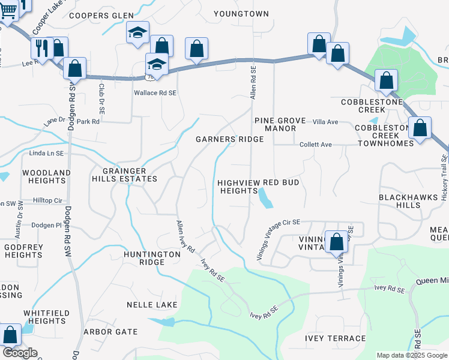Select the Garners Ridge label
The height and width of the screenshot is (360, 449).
coord(230,139)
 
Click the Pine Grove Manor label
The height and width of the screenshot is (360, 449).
coord(280,124)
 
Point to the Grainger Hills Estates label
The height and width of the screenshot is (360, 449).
coord(124,174)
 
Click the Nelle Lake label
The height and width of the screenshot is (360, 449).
coord(152,305)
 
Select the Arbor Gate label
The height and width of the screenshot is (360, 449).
coord(110,331)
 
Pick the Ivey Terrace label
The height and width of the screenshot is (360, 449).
coord(335,338)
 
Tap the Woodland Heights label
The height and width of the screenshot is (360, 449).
coord(34,177)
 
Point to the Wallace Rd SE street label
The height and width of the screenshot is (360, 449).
coord(155,93)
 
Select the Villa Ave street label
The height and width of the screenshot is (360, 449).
coord(325,122)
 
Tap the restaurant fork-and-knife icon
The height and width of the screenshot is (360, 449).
coord(41,48)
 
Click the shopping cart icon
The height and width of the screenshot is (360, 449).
coord(8,8)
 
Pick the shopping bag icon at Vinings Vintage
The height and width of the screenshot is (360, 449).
coord(337,242)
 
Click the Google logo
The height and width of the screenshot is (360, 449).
coord(20,353)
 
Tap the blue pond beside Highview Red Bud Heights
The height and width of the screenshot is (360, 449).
coord(265,197)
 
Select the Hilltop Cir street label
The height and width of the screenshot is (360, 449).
coord(47,200)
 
